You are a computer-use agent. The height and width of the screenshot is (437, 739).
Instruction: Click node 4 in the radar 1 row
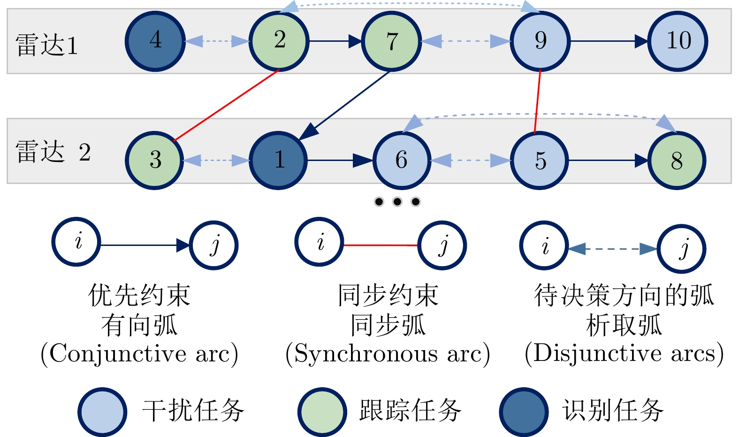pyautogui.click(x=155, y=41)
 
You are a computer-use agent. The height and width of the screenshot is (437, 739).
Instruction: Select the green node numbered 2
pyautogui.click(x=279, y=41)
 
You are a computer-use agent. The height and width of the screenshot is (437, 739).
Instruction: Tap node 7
pyautogui.click(x=391, y=41)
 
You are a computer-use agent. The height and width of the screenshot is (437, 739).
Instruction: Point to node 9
pyautogui.click(x=540, y=41)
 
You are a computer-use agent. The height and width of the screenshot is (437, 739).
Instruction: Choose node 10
pyautogui.click(x=678, y=41)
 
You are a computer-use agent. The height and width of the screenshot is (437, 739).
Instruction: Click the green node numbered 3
pyautogui.click(x=154, y=161)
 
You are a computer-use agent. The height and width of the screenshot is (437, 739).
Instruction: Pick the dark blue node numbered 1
pyautogui.click(x=278, y=161)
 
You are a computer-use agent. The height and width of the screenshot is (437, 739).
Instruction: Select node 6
pyautogui.click(x=402, y=161)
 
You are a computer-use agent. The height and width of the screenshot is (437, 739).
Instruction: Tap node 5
pyautogui.click(x=540, y=161)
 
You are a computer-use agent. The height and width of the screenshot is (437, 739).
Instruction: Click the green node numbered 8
pyautogui.click(x=677, y=161)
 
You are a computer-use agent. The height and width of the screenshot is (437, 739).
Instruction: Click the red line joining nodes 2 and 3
pyautogui.click(x=226, y=105)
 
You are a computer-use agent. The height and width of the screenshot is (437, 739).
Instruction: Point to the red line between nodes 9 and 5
pyautogui.click(x=537, y=101)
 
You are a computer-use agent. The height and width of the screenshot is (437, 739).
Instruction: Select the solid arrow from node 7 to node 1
pyautogui.click(x=344, y=105)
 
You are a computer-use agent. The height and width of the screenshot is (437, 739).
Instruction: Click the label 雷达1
pyautogui.click(x=46, y=45)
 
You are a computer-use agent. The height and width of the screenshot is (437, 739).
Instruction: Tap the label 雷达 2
pyautogui.click(x=53, y=152)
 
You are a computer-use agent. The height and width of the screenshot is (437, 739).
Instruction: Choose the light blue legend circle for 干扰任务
pyautogui.click(x=103, y=412)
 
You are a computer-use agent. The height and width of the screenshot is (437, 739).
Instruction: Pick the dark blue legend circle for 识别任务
pyautogui.click(x=524, y=412)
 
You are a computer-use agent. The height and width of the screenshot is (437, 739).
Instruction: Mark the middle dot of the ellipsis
pyautogui.click(x=397, y=201)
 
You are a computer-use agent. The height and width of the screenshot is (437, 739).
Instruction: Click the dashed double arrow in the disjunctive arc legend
pyautogui.click(x=613, y=249)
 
